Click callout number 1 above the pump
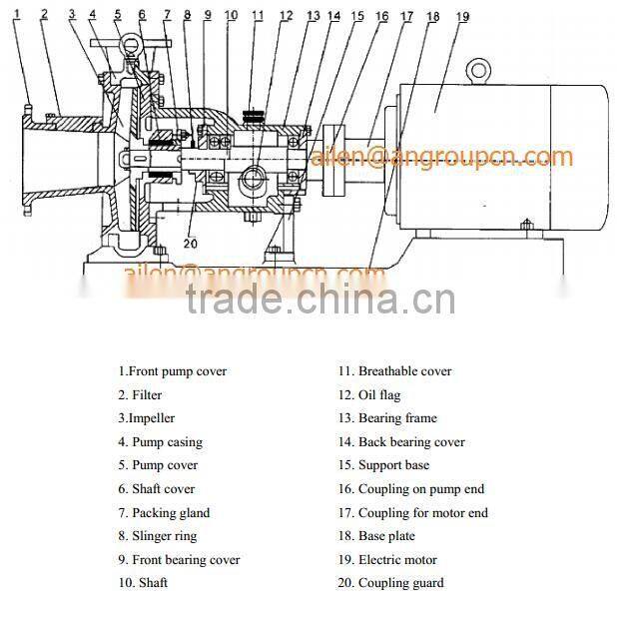16,13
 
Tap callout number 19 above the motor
461,17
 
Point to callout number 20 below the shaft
191,243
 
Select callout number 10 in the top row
232,15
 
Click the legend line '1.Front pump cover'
172,371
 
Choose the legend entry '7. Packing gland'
164,513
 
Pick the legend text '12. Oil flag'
368,395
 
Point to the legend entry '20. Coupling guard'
390,583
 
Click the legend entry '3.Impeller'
146,418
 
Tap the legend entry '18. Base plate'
375,536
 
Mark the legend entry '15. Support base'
383,465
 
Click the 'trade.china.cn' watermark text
320,299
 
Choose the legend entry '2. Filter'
140,395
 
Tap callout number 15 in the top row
358,16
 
